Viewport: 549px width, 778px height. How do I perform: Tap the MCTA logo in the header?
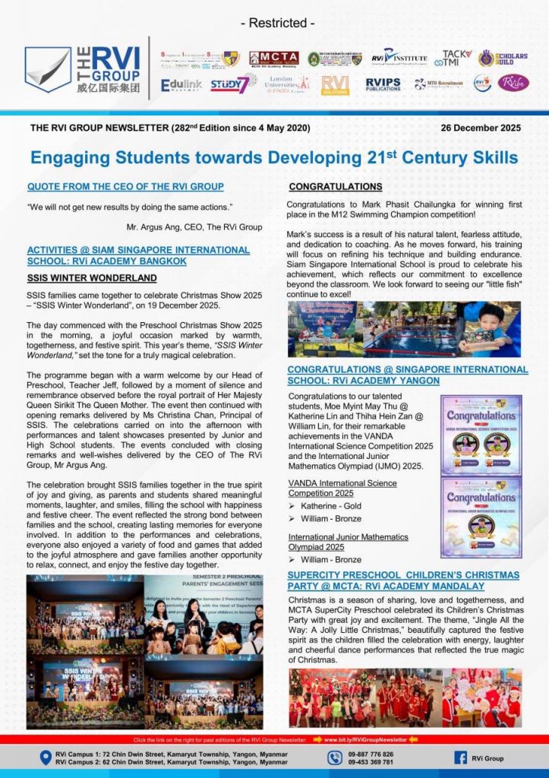(273, 59)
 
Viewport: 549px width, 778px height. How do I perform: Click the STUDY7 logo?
(229, 84)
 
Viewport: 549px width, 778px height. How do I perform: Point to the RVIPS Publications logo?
(383, 84)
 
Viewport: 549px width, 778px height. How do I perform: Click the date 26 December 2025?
(481, 128)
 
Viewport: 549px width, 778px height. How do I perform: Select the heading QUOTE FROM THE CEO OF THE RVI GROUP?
(125, 186)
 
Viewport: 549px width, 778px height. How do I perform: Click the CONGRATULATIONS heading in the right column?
(335, 186)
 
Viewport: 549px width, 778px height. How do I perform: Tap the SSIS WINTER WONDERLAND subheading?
(92, 277)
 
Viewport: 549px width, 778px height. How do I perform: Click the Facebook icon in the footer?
(460, 757)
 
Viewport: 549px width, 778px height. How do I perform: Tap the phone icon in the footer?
(335, 757)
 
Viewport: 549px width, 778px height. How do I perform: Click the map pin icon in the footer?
(46, 757)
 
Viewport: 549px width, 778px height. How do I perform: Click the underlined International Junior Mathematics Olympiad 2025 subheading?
(348, 542)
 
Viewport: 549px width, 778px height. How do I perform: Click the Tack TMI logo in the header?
(457, 59)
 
